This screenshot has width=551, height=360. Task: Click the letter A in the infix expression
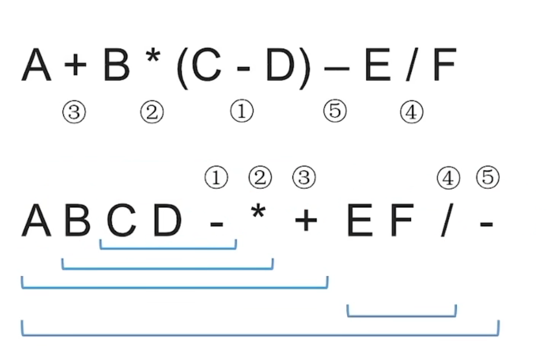(x=36, y=67)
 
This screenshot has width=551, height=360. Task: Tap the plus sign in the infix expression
(x=75, y=67)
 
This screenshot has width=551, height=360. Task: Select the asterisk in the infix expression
(x=151, y=59)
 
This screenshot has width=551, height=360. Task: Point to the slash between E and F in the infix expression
(x=412, y=67)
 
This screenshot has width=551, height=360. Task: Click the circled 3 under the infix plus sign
(x=73, y=113)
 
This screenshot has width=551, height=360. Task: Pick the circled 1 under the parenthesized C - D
(x=242, y=112)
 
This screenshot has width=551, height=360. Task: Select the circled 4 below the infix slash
(x=411, y=113)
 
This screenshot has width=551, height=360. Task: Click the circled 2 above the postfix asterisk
(x=260, y=178)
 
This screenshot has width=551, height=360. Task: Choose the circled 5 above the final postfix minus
(x=488, y=178)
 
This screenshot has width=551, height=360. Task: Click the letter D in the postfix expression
(x=167, y=221)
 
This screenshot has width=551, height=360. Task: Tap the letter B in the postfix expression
(x=77, y=221)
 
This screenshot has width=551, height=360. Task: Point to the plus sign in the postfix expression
(x=306, y=222)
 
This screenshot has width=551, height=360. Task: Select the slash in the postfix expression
(x=447, y=221)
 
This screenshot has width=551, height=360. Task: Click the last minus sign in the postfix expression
(x=486, y=224)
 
